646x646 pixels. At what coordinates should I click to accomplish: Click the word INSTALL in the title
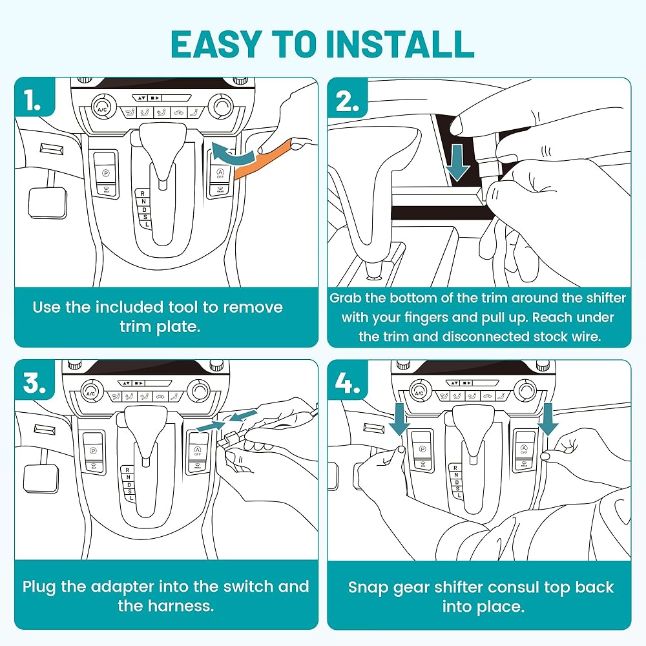[x=400, y=44]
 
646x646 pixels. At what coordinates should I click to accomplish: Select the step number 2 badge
[x=347, y=98]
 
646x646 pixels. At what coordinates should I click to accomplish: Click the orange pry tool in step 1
[x=264, y=160]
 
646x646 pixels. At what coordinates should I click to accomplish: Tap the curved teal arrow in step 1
[x=233, y=155]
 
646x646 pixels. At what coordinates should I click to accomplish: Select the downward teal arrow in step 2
[x=459, y=161]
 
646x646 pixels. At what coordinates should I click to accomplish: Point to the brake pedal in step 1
[x=47, y=202]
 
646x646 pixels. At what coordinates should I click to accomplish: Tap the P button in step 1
[x=106, y=173]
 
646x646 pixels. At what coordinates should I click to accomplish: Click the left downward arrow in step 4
[x=399, y=419]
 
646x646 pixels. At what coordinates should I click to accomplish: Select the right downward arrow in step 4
[x=548, y=419]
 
